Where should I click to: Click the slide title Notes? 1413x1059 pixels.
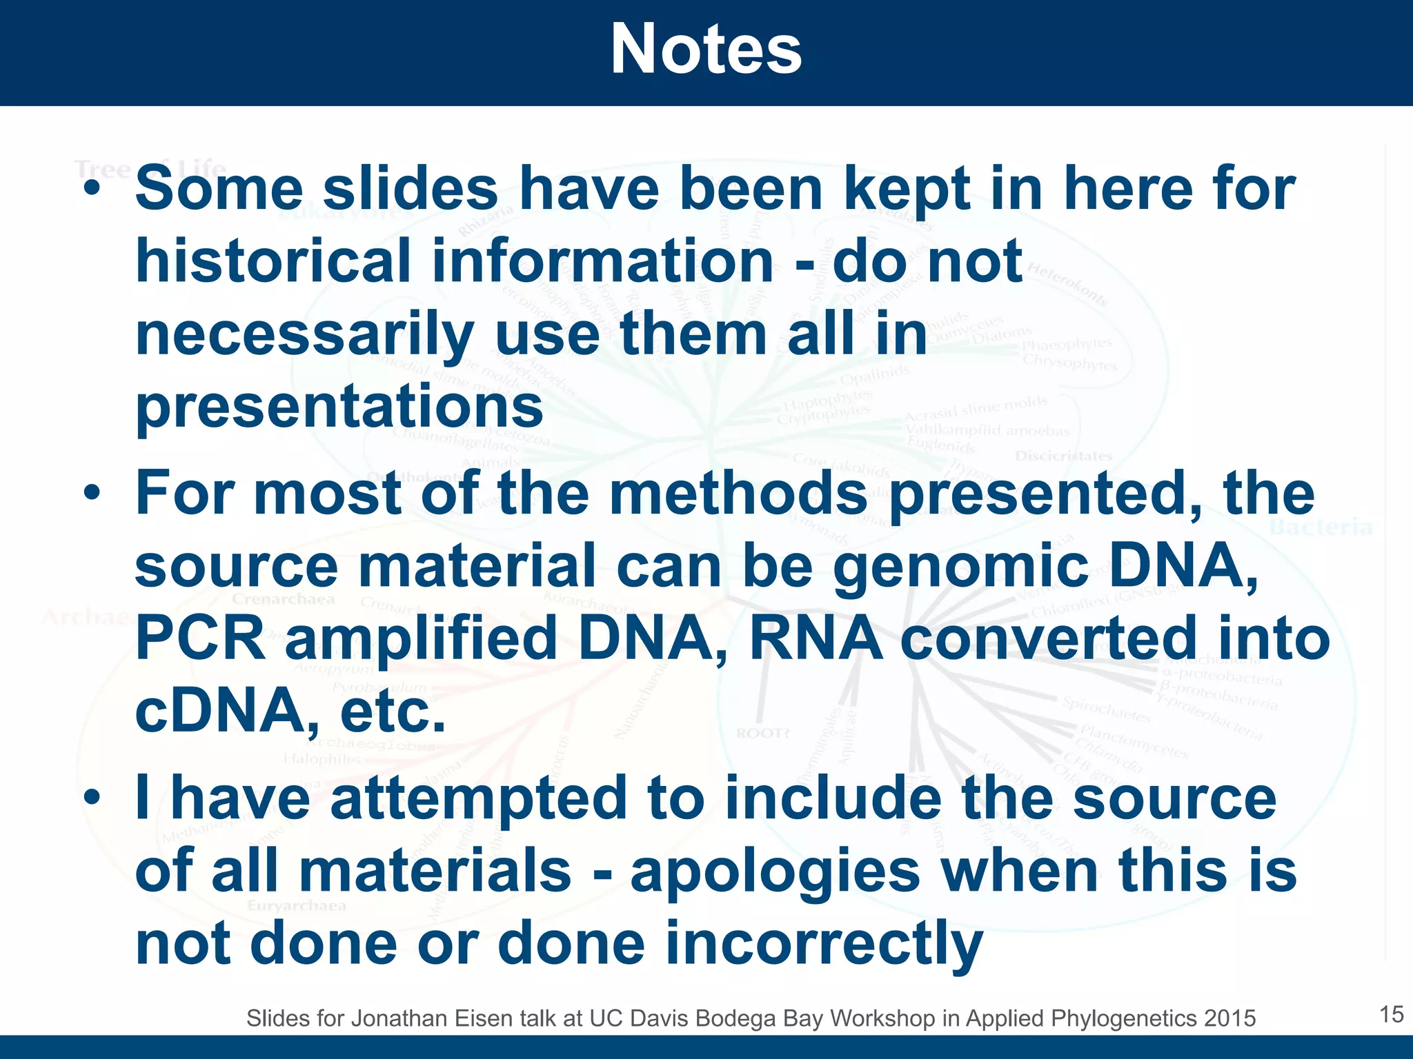[x=706, y=50]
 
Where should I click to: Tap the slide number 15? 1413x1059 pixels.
[x=1391, y=1014]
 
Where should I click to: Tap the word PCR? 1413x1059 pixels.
[x=200, y=638]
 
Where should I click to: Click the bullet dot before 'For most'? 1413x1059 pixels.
[x=92, y=494]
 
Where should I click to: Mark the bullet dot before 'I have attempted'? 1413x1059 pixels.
[x=92, y=798]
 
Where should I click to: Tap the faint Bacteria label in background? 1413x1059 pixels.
[x=1321, y=527]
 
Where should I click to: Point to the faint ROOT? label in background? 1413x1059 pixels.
[x=762, y=733]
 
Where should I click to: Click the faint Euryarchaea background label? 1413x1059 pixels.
[x=297, y=905]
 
